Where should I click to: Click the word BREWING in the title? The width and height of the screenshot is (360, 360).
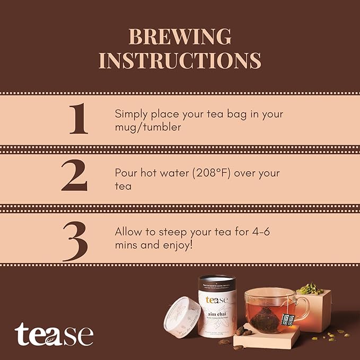[180, 37]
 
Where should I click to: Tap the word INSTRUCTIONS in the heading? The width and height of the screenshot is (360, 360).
[180, 60]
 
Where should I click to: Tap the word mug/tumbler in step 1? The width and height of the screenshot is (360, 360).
[148, 128]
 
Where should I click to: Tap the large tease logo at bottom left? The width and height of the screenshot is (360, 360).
[54, 335]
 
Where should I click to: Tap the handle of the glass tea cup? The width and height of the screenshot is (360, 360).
[304, 308]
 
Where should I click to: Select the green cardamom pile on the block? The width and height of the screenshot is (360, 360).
[310, 288]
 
